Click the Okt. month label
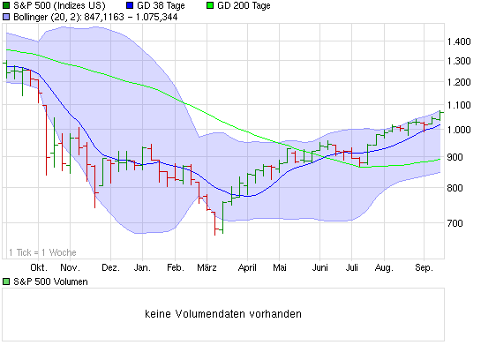tap(38, 266)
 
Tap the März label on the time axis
tap(207, 266)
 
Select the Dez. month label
tap(110, 266)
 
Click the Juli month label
tap(352, 266)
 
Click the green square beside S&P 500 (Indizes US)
tap(6, 6)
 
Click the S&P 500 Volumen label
tap(49, 282)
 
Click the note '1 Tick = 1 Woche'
tap(41, 252)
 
